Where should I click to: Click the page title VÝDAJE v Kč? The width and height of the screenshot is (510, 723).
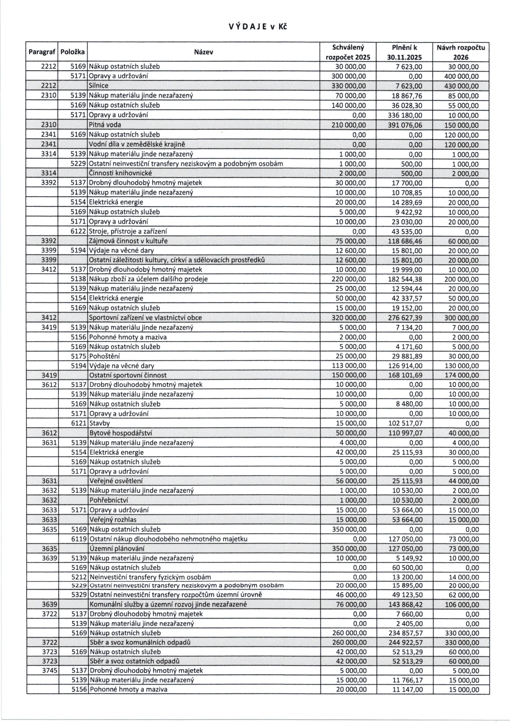click(x=258, y=27)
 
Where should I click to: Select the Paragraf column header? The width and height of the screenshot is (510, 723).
click(x=42, y=52)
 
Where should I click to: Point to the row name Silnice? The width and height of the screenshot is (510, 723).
click(x=99, y=86)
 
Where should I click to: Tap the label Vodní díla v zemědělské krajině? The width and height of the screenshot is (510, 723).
click(x=137, y=144)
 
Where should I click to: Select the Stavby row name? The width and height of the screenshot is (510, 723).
click(x=99, y=423)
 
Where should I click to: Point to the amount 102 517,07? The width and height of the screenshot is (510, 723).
click(x=405, y=423)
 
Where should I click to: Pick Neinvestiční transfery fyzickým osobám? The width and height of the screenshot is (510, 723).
click(x=150, y=577)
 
